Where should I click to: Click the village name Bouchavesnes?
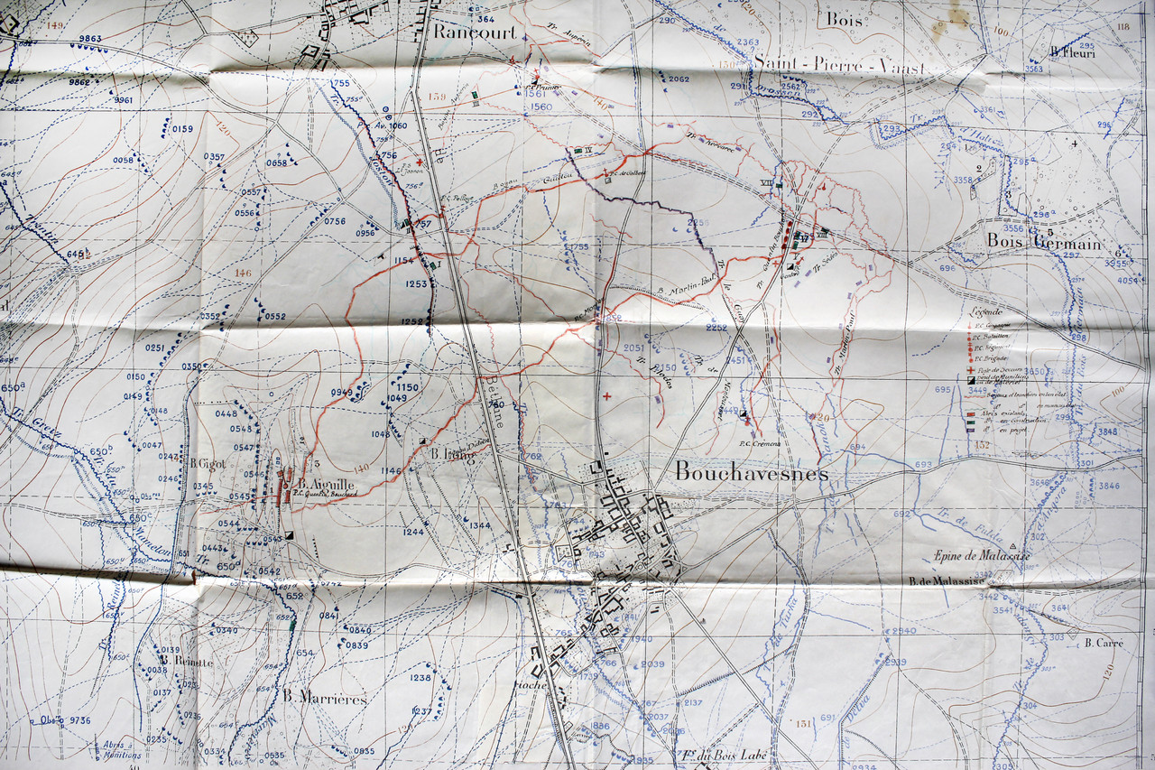tap(751, 471)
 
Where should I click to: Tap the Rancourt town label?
tap(475, 32)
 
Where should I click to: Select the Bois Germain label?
tap(1043, 242)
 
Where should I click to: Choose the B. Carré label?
tap(1104, 644)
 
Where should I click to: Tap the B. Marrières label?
tap(325, 698)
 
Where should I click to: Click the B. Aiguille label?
tap(327, 483)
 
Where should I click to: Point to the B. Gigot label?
tap(207, 463)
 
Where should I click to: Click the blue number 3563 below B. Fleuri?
tap(1033, 69)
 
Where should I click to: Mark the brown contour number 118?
tap(1123, 27)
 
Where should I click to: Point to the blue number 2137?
tap(693, 702)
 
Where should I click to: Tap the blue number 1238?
tap(420, 678)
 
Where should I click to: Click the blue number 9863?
tap(89, 39)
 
